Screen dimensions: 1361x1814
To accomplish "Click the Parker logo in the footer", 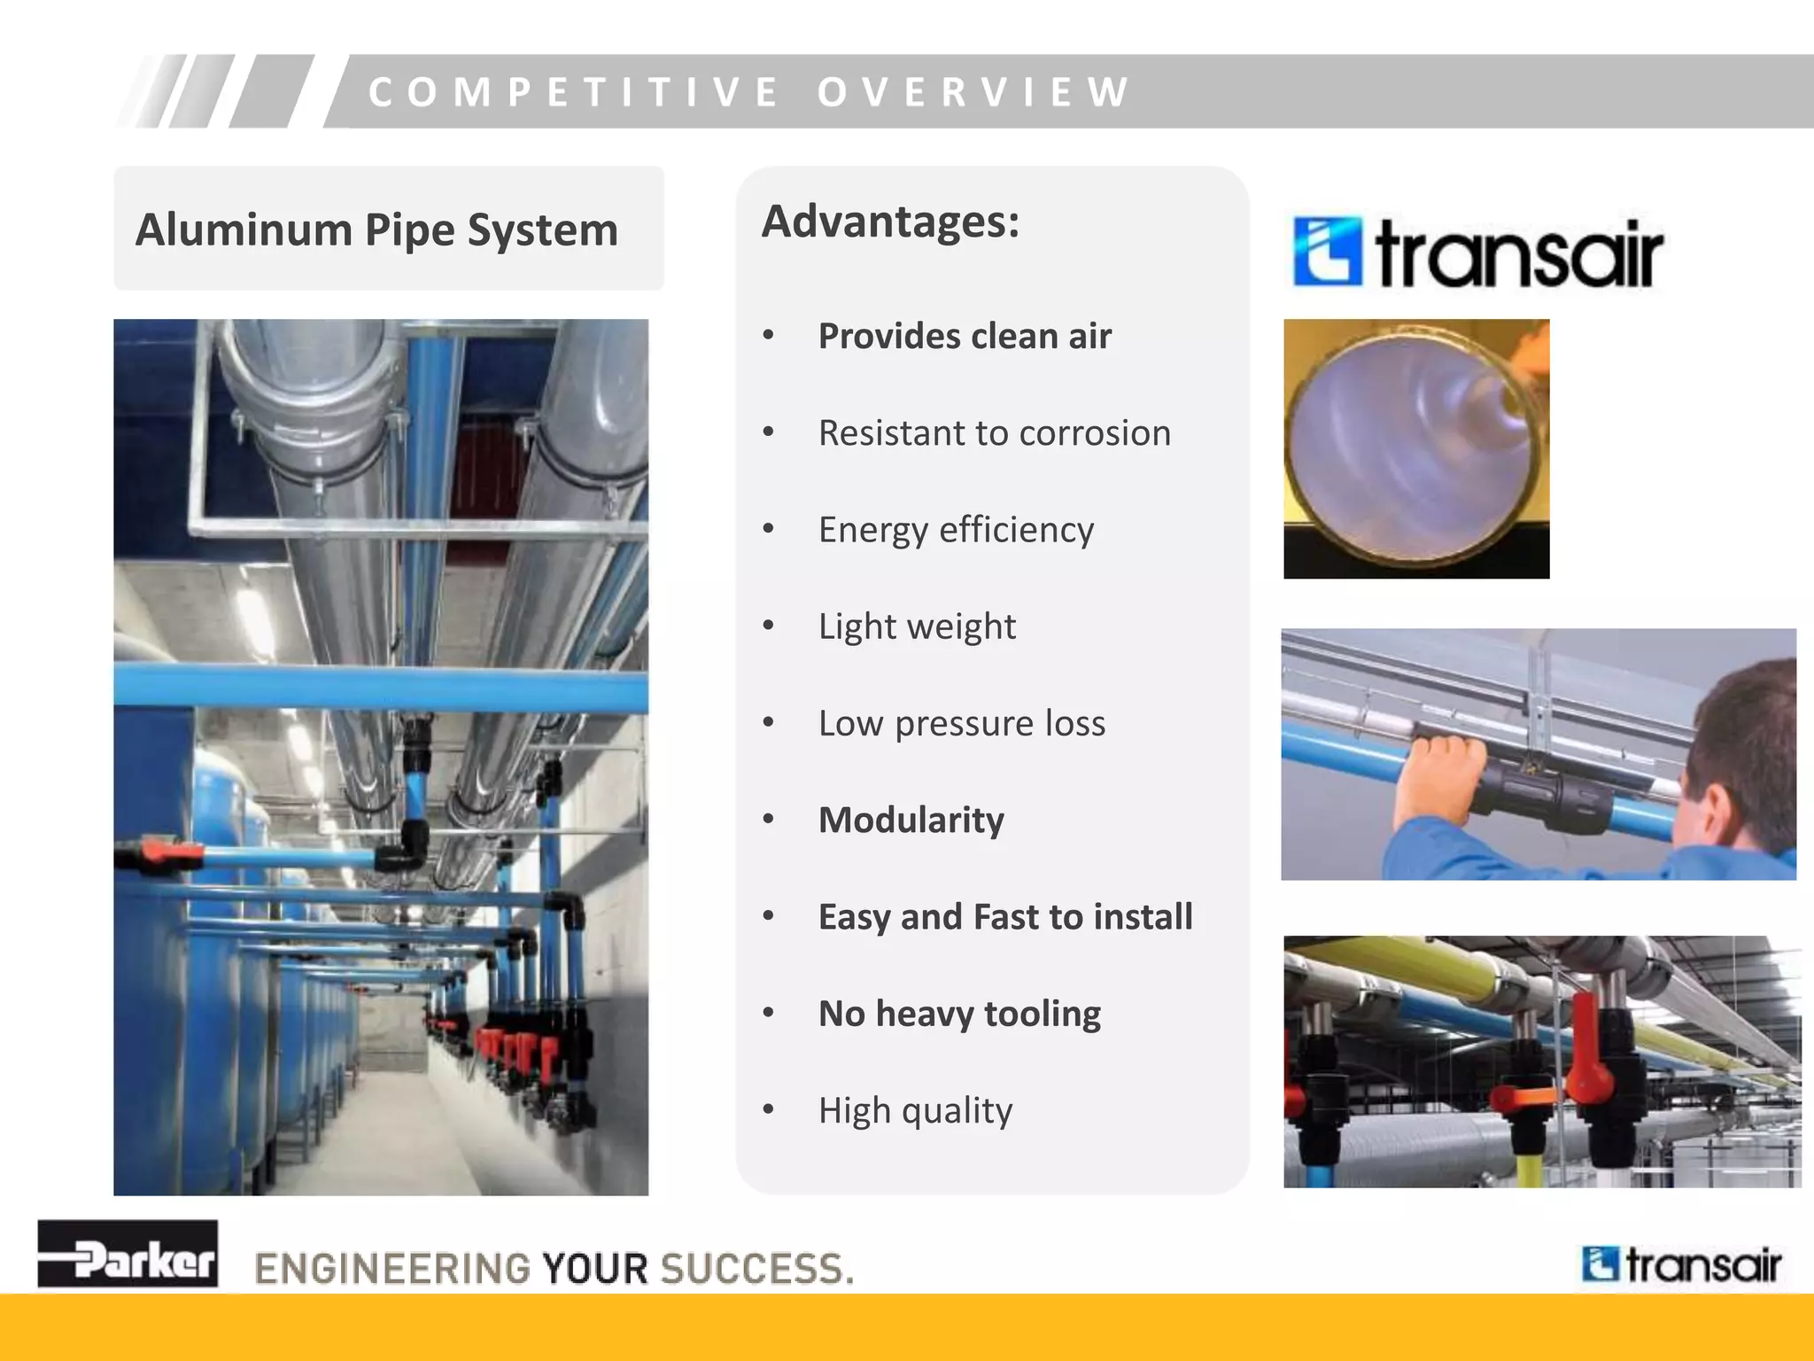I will point(128,1254).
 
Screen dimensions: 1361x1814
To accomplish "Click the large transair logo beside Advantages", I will point(1477,253).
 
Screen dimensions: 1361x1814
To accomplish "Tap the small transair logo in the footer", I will point(1680,1264).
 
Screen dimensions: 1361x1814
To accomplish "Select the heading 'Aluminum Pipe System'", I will point(376,229).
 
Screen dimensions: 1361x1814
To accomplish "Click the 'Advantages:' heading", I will point(890,222).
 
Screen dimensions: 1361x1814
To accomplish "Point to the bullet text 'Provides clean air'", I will point(964,337).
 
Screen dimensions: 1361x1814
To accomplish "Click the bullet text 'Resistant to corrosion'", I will point(994,433).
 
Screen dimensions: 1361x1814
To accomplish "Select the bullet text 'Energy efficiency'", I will point(956,530).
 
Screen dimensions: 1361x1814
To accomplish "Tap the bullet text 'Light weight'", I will point(917,626).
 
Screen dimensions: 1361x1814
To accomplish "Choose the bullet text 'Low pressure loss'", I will point(961,723).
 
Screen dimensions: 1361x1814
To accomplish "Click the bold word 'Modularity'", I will point(911,820).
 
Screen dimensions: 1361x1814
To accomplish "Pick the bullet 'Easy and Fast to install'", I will point(1004,916).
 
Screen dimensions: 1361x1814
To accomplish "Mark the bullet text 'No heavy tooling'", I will point(959,1013).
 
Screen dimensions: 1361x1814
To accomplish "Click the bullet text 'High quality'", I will point(915,1110).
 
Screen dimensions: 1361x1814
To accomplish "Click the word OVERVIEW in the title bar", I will point(973,92).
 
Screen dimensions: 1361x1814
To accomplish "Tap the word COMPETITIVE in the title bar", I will point(574,92).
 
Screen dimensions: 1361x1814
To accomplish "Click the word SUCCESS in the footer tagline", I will point(757,1268).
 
